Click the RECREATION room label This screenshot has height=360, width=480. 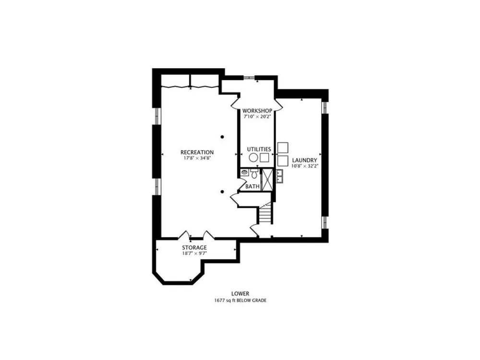tap(197, 152)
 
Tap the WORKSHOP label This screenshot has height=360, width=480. tap(257, 110)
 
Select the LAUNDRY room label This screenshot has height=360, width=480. tap(304, 160)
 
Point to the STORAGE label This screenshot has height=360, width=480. tap(194, 247)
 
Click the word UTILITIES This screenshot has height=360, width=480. tap(259, 149)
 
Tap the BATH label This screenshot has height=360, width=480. tap(252, 186)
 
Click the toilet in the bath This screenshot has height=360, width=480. tap(254, 174)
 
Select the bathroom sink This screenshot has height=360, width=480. tap(244, 172)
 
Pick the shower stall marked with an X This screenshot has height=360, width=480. tap(267, 180)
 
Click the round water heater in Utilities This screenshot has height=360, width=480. tap(253, 157)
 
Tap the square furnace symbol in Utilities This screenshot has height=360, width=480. tap(264, 157)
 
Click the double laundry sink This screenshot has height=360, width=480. tap(279, 176)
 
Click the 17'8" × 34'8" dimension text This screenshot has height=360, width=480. tap(197, 158)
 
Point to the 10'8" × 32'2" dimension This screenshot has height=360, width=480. tap(304, 166)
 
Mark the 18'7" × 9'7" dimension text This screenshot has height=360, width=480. tap(194, 253)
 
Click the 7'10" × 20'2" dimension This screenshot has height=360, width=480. tap(257, 117)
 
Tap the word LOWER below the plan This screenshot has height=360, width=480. tap(240, 294)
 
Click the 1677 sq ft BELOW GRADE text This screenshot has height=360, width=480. tap(240, 300)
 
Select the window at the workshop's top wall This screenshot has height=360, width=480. tap(249, 77)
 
